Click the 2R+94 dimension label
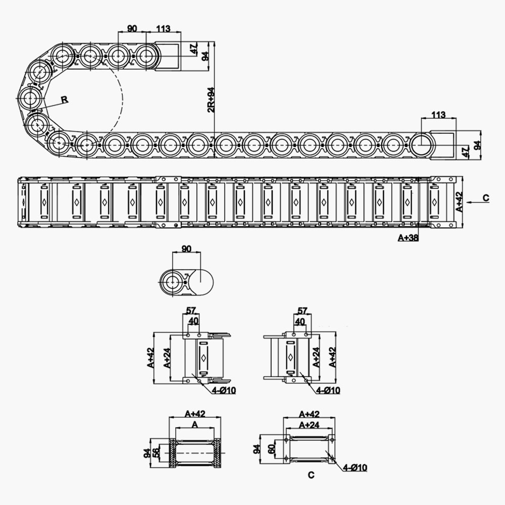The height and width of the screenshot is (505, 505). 211,99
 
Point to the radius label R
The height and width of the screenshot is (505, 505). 65,99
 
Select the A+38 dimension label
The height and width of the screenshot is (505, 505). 408,238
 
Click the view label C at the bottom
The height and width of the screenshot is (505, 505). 311,475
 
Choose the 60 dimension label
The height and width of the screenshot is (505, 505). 271,448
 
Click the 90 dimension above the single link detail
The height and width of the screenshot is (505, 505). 186,249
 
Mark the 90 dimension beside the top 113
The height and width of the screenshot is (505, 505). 131,29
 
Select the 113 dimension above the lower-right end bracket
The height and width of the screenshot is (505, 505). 438,115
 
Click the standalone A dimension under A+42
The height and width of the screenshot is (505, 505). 194,425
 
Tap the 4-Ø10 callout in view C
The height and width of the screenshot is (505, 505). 354,468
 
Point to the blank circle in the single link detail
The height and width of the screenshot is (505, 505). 201,279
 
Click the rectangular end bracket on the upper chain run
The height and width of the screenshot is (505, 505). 168,56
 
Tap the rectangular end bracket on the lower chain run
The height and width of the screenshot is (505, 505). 443,145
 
